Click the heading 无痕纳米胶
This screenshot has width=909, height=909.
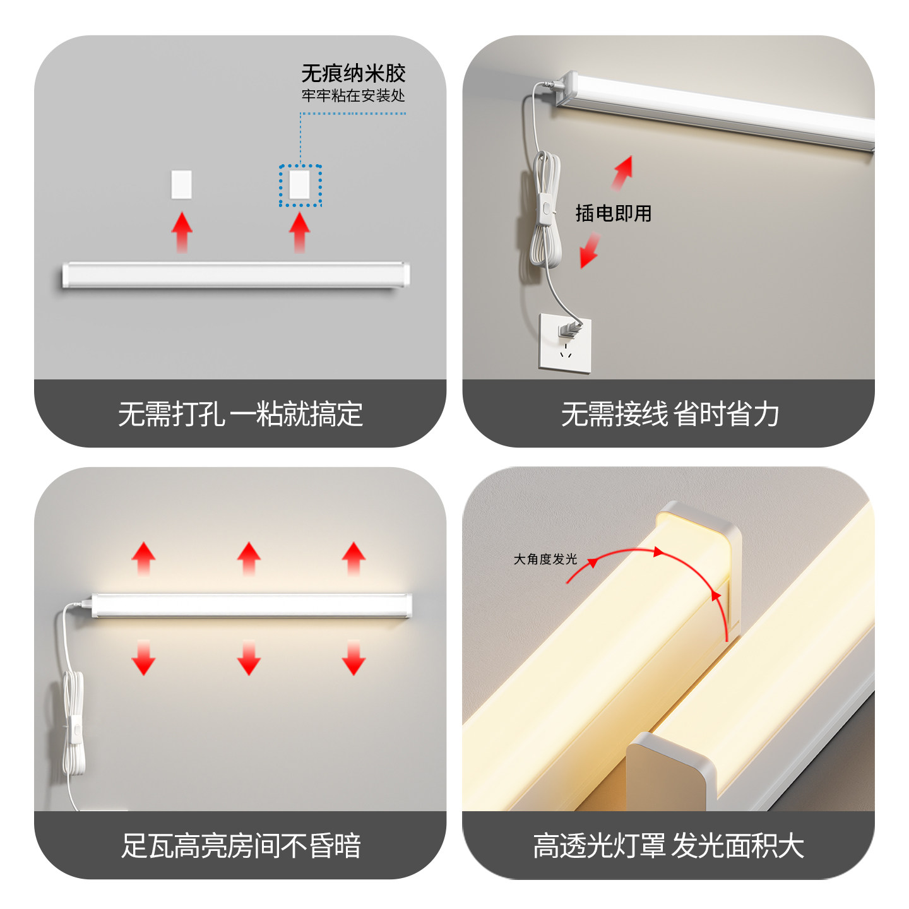tap(353, 74)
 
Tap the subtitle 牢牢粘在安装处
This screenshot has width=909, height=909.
tap(353, 96)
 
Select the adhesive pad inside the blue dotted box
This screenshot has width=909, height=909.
tap(300, 185)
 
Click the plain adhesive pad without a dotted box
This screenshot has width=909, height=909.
tap(181, 184)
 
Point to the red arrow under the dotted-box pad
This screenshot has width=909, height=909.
tap(300, 232)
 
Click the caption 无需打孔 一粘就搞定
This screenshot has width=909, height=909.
tap(240, 414)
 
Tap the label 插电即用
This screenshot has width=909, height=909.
tap(613, 213)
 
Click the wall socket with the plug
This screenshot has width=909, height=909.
tap(565, 344)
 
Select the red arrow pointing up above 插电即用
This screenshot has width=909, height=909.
tap(622, 173)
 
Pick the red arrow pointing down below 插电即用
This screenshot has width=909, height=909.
tap(590, 251)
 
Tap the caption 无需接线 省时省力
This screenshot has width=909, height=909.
tap(669, 414)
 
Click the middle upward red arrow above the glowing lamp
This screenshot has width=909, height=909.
tap(249, 558)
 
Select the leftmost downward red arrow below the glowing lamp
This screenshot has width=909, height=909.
tap(144, 658)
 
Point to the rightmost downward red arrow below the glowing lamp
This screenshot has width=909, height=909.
tap(353, 658)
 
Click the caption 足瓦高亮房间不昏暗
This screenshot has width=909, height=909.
tap(240, 846)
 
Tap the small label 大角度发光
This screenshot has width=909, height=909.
tap(545, 559)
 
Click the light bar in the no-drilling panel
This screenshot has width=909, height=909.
tap(235, 275)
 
